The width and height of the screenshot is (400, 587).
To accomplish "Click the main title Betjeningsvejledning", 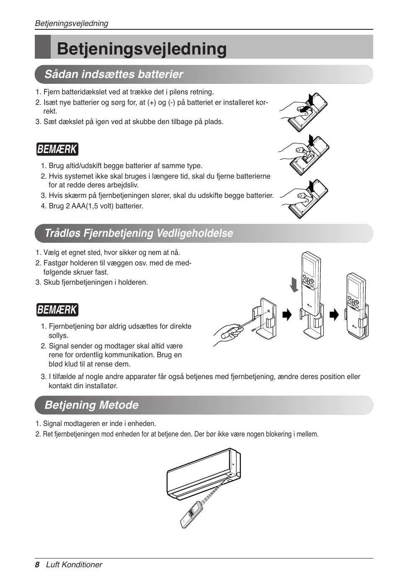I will click(x=142, y=49).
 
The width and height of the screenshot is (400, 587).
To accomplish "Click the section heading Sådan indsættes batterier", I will click(x=114, y=74).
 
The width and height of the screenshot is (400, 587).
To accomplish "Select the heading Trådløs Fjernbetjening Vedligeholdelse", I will click(x=138, y=233).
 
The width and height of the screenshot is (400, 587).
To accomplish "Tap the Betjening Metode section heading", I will click(x=91, y=405).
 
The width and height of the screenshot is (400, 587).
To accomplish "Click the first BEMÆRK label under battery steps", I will click(x=57, y=149).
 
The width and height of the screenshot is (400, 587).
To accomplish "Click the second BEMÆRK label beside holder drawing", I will click(x=57, y=310).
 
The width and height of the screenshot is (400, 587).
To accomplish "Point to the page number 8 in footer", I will click(x=37, y=565).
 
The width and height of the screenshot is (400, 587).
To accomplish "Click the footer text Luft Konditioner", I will click(x=74, y=565).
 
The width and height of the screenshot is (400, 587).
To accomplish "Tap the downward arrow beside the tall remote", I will click(x=294, y=284).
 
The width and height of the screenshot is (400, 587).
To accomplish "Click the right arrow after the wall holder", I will click(x=287, y=315).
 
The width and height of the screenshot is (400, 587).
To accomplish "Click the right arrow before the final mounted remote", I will click(x=334, y=315).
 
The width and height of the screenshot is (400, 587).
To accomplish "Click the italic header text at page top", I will click(x=71, y=23).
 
